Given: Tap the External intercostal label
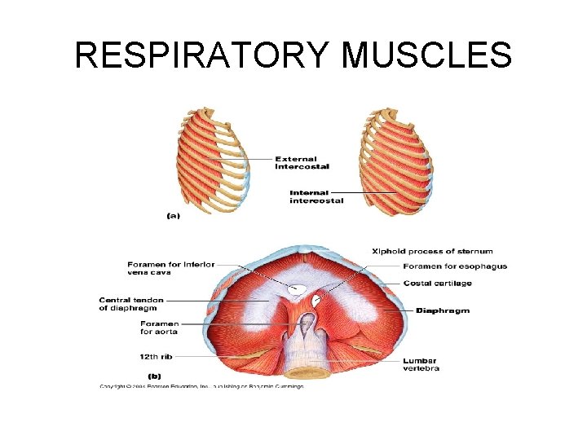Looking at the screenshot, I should pos(302,162).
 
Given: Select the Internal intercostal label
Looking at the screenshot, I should pos(316,196).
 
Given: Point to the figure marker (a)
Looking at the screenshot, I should pos(173,215).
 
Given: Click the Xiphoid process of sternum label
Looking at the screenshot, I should pos(432,251).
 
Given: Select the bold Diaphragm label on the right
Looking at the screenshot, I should pos(443,310).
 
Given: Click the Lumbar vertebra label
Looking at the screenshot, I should pos(421,364).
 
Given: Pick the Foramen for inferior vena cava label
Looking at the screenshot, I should pos(170,268).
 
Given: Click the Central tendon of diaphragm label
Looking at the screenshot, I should pos(128,303).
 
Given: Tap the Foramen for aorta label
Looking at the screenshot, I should pos(159,328).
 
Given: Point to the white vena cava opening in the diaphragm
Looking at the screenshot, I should pos(298,288).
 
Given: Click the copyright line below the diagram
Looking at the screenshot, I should pos(201,385).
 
